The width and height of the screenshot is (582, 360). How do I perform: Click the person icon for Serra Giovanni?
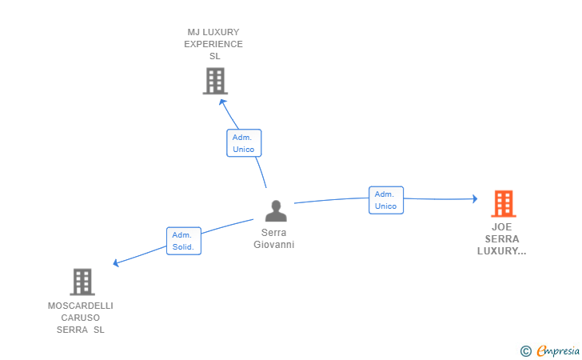point(276,210)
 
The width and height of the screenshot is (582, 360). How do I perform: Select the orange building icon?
point(504,203)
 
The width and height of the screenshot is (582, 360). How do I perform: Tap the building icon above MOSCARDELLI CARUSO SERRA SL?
point(82,282)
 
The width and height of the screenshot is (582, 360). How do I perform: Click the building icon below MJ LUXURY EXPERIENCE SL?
point(215,81)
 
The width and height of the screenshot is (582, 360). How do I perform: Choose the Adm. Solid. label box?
point(184,241)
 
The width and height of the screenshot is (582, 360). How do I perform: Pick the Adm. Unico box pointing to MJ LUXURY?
point(244,143)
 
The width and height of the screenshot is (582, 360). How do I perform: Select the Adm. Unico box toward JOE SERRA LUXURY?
point(386,200)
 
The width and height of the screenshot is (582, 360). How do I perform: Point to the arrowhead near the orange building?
point(475,199)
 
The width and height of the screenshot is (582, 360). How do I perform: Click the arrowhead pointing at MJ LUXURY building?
point(222,102)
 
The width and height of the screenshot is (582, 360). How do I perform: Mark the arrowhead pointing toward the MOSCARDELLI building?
point(116,262)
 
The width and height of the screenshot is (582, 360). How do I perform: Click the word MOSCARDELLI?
point(81,306)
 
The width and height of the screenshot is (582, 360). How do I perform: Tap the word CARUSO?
point(81,318)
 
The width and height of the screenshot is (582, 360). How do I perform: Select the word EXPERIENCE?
point(213,44)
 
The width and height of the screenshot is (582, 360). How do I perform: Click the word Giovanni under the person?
point(274,245)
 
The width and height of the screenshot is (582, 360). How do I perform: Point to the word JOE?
point(502,227)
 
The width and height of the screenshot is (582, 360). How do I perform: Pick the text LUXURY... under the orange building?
point(502,251)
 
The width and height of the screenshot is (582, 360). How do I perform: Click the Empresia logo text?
point(558,350)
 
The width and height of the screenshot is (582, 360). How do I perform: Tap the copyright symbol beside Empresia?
point(526,351)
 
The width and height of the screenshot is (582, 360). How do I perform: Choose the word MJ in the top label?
point(193,32)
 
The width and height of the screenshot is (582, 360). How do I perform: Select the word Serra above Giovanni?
point(274,233)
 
